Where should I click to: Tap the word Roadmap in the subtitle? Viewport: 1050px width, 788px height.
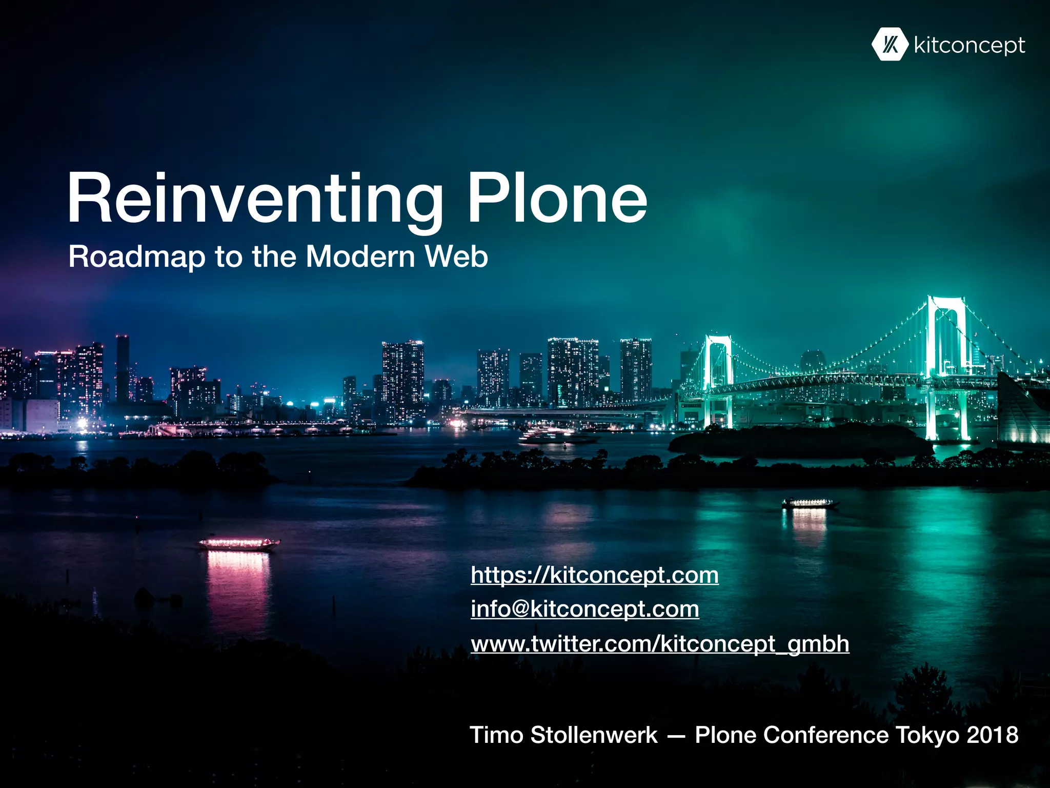coord(136,257)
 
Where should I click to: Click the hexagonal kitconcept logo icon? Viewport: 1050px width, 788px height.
coord(890,45)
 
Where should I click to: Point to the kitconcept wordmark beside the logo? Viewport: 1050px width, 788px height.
coord(969,46)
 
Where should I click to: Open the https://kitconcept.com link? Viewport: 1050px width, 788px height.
coord(595,575)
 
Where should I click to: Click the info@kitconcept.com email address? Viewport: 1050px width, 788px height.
coord(585,609)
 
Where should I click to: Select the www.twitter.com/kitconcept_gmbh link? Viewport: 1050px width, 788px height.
coord(660,643)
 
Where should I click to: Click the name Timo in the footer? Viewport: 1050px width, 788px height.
coord(496,735)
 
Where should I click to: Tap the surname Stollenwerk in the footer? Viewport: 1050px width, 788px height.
coord(594,735)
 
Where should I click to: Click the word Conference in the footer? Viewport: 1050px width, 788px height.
coord(825,735)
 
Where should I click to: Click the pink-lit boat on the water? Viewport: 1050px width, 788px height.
coord(239,543)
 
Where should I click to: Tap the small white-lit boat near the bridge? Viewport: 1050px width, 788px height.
coord(810,503)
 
